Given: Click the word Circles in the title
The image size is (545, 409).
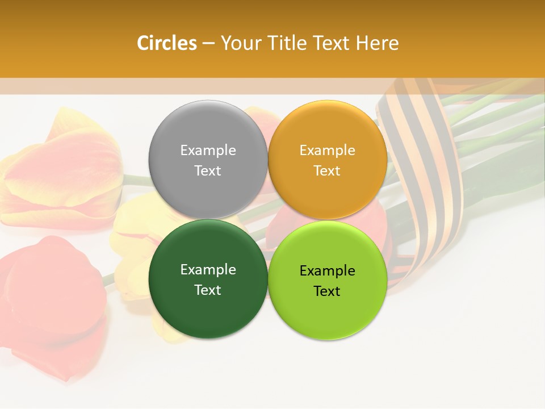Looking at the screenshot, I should pos(167,43).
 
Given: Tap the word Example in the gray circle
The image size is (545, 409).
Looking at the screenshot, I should pos(208,151).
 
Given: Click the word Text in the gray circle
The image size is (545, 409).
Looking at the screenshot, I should pos(208,171).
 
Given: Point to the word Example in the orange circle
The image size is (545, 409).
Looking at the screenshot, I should pos(327,151).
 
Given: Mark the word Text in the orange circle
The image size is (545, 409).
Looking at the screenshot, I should pos(327,171).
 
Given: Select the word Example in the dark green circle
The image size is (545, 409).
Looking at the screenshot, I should pos(208,270).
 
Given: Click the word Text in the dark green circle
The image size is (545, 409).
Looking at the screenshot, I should pos(208,290).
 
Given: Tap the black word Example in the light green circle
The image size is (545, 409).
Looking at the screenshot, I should pos(327,271).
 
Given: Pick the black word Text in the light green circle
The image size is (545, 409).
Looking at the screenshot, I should pos(327,291).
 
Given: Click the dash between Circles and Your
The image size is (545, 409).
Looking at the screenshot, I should pos(208,44).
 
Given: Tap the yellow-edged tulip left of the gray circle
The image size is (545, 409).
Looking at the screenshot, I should pos(62,170).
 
